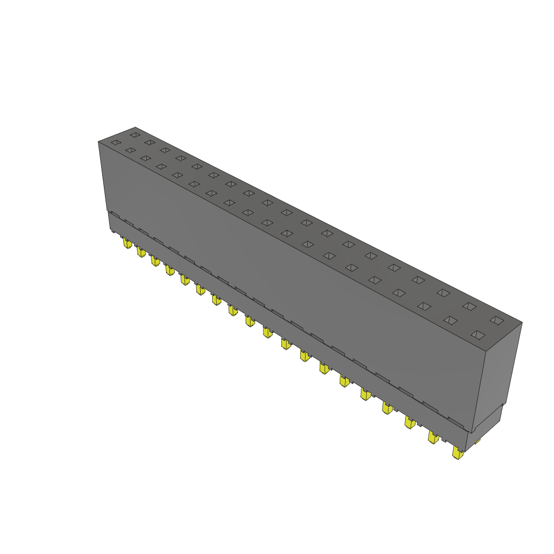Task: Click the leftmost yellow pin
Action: point(127,243)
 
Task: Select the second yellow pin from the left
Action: point(141,252)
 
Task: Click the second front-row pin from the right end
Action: point(433,437)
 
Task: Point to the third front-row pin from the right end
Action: point(410,423)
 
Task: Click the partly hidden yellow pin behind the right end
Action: point(477,441)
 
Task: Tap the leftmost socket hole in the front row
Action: point(115,142)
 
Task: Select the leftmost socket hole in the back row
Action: point(135,134)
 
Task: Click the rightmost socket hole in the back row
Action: point(496,320)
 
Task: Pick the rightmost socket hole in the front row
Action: point(477,335)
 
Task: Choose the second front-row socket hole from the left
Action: point(130,150)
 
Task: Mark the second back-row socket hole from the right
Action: point(469,306)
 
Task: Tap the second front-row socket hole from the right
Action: point(450,320)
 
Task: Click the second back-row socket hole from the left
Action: point(150,142)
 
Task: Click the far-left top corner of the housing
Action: point(98,142)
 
